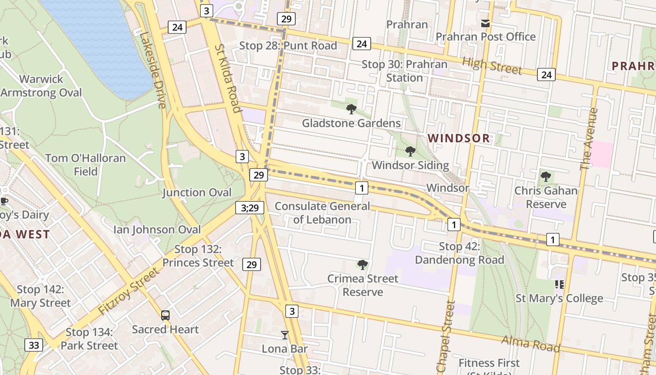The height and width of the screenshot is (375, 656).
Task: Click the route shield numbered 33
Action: tap(34, 345)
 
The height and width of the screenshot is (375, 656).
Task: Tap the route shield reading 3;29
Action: tap(249, 208)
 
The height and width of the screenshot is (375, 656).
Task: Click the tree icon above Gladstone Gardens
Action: tap(351, 109)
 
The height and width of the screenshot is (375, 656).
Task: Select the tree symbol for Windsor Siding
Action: tap(410, 151)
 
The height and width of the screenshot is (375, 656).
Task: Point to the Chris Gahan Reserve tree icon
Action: tap(545, 177)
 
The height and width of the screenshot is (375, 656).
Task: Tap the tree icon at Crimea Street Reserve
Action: tap(362, 265)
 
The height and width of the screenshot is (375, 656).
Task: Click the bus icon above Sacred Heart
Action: tap(165, 315)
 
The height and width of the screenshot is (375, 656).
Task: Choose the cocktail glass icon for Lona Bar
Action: tap(284, 335)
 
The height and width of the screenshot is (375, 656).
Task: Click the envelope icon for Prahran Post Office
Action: tap(485, 23)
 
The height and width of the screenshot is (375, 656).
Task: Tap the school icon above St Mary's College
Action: tap(559, 284)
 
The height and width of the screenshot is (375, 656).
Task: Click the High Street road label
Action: tap(492, 66)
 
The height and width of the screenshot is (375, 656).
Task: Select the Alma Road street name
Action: tap(530, 344)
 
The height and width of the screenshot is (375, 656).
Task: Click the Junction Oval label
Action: tap(197, 193)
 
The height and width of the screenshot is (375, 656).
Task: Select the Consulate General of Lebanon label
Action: tap(322, 213)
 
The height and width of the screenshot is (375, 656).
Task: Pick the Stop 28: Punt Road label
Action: tap(288, 45)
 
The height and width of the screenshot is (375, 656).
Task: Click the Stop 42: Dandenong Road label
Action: tap(459, 253)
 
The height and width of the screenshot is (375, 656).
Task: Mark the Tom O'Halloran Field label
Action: tap(85, 165)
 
